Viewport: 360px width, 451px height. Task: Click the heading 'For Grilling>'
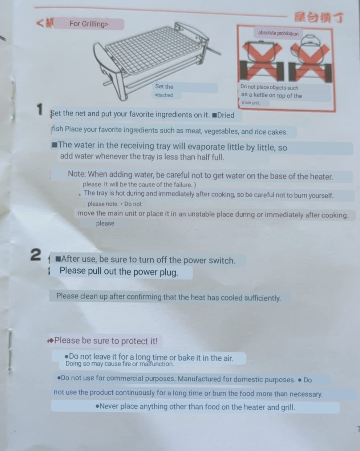[x=89, y=24]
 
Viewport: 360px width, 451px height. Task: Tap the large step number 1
[x=40, y=109]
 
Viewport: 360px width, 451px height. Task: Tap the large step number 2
[x=36, y=254]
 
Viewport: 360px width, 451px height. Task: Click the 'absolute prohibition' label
[x=278, y=33]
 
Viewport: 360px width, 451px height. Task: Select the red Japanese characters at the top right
[x=319, y=17]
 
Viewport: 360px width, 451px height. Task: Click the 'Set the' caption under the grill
[x=164, y=86]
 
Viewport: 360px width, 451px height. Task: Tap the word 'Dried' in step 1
[x=226, y=115]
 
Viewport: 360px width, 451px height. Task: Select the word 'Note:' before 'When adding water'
[x=77, y=174]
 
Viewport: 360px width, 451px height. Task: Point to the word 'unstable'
[x=201, y=214]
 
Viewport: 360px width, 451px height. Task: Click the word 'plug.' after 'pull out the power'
[x=169, y=273]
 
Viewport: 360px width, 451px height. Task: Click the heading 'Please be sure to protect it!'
[x=106, y=341]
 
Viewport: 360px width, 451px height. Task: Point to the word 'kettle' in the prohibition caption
[x=260, y=95]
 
